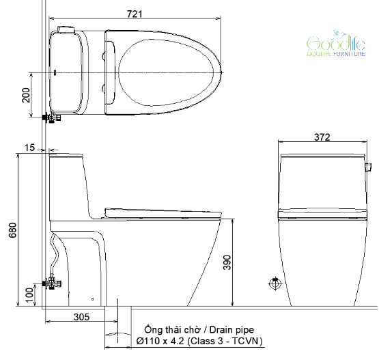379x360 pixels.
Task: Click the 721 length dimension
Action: coord(135,14)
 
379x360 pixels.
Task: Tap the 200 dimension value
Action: coord(26,95)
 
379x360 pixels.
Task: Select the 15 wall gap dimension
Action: coord(30,148)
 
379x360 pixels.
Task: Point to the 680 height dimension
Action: coord(12,230)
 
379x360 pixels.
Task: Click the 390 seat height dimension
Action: coord(227,262)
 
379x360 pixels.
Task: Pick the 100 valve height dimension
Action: coord(29,295)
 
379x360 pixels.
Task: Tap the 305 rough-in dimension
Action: coord(81,317)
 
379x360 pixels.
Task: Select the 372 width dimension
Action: coord(322,137)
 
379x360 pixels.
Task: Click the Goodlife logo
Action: coord(336,44)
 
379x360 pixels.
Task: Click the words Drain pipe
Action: coord(231,329)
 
